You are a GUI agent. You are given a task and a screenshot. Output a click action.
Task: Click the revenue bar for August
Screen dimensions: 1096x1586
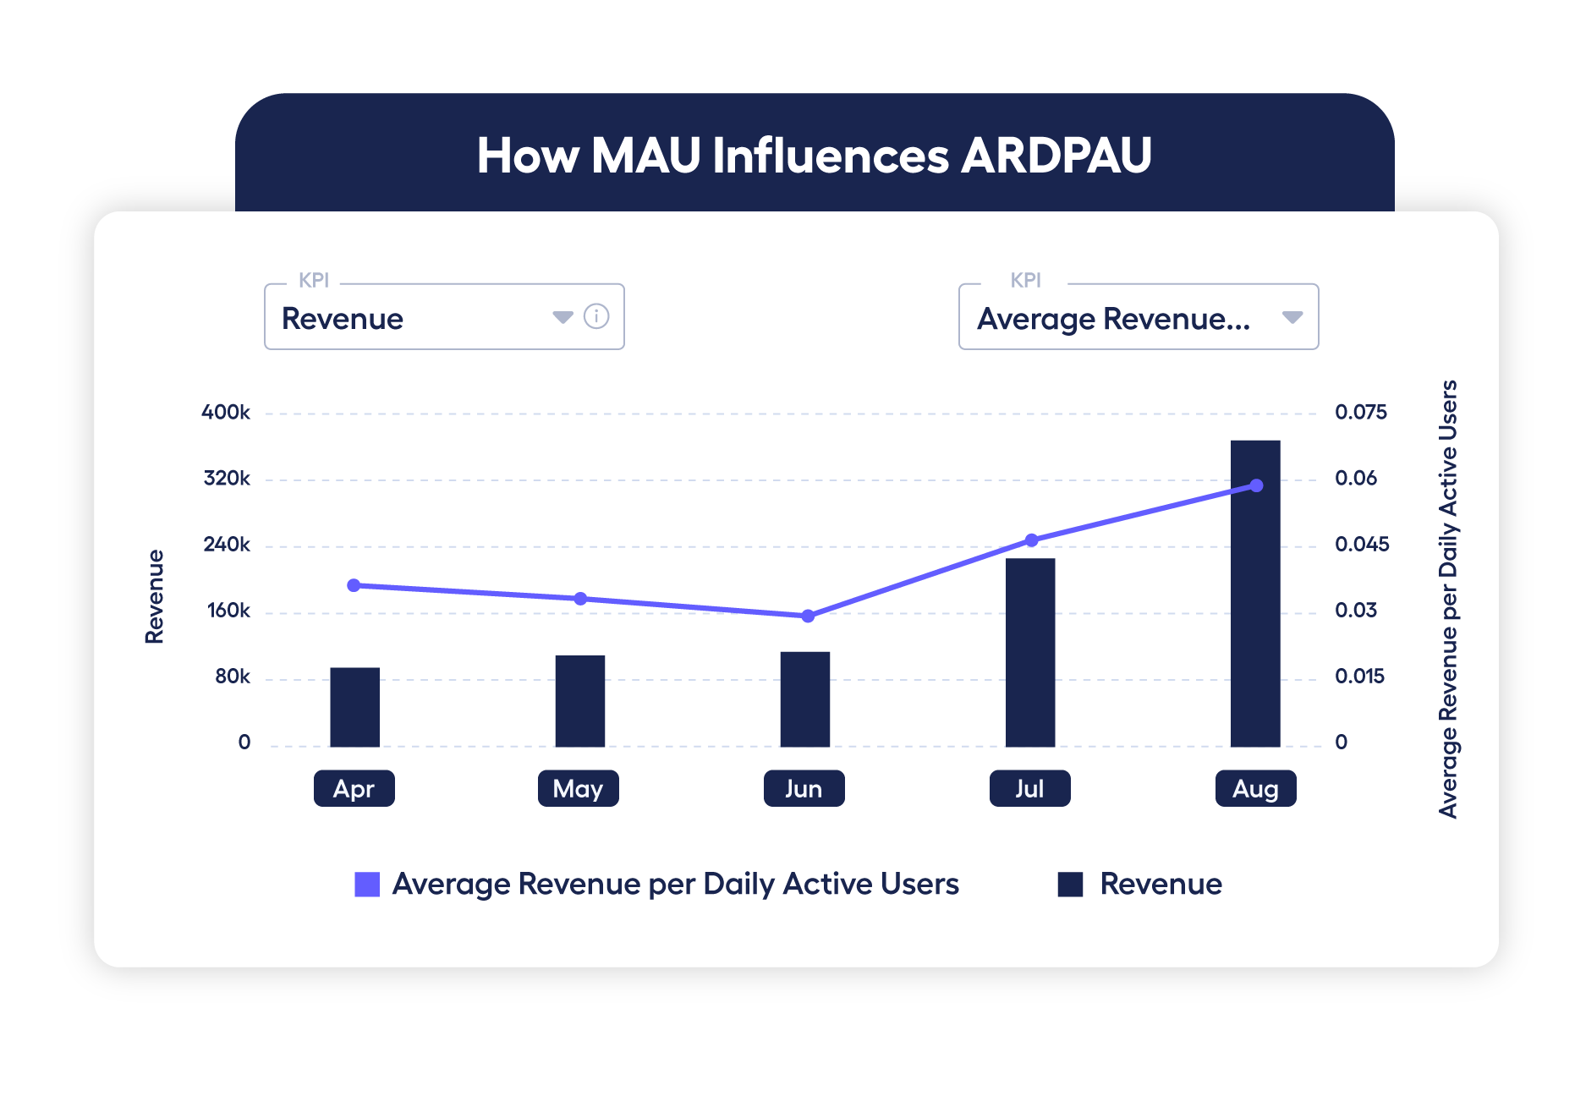[1255, 594]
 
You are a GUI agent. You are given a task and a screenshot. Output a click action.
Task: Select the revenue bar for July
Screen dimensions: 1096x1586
[1030, 652]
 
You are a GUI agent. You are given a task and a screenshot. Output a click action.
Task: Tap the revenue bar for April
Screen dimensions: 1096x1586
[354, 707]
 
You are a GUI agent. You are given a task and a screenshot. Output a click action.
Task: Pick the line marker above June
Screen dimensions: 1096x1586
[808, 616]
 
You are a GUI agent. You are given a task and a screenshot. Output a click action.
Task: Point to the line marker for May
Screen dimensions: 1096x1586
[580, 599]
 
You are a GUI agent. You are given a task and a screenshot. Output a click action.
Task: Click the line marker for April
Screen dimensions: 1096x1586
[354, 585]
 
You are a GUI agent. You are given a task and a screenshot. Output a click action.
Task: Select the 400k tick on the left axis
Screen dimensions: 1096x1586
[226, 413]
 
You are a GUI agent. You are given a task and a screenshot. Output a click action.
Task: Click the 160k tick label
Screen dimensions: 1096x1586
[228, 611]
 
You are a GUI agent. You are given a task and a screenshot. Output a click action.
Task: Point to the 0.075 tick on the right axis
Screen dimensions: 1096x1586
[1360, 413]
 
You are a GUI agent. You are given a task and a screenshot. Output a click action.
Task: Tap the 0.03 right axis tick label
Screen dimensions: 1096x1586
[1356, 611]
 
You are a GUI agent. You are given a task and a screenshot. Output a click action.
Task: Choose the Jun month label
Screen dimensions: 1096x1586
[804, 788]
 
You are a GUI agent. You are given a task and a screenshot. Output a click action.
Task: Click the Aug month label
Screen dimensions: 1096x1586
[1255, 788]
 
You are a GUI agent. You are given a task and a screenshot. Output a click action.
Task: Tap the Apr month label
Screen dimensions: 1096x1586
[354, 788]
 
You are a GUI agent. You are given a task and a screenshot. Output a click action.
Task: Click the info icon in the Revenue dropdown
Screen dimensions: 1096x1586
[596, 316]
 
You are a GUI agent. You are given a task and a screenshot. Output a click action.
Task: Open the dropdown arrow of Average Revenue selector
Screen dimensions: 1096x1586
[1292, 317]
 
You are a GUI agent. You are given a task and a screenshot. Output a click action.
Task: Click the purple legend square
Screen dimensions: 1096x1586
[367, 884]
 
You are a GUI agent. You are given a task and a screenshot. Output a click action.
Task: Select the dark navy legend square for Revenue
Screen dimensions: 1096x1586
[1071, 884]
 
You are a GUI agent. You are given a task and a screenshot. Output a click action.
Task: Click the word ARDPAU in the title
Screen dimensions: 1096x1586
[1056, 156]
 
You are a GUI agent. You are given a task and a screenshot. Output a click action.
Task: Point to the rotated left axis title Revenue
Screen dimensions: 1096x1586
[155, 596]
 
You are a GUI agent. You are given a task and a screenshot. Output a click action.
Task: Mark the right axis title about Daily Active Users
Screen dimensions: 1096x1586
[1448, 599]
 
